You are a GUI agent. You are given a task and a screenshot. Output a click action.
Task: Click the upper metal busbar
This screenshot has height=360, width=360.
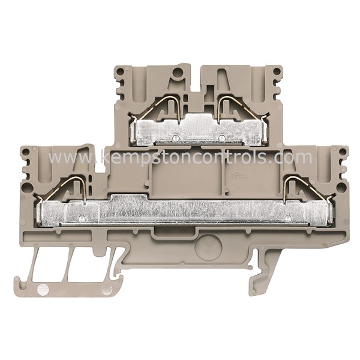[198, 129]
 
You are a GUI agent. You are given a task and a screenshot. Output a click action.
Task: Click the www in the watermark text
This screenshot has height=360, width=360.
[66, 158]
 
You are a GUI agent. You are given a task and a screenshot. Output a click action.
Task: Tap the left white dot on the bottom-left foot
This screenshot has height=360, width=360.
[41, 289]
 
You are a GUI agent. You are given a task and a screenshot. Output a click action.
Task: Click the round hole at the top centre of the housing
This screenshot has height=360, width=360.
[177, 74]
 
